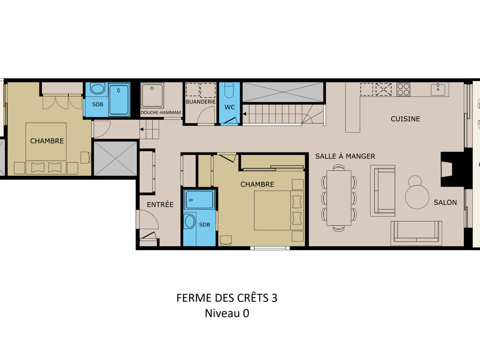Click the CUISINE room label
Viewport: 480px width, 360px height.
[405, 119]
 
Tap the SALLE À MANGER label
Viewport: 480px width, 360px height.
[345, 156]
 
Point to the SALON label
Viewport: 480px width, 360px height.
[445, 202]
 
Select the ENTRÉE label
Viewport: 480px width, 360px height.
[160, 204]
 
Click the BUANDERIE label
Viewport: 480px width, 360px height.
[200, 102]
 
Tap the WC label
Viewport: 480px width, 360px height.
[229, 107]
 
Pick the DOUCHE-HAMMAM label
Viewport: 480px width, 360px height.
[160, 112]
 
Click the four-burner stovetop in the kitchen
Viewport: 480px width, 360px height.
[404, 89]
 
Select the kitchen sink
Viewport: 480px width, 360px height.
[438, 90]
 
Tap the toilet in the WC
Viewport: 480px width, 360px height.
[229, 90]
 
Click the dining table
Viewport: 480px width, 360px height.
[339, 198]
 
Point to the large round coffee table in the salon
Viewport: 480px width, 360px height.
[417, 197]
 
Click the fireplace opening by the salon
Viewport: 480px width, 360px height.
[446, 169]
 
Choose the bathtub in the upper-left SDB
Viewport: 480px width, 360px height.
[119, 100]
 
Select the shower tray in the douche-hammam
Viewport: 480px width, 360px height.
[152, 95]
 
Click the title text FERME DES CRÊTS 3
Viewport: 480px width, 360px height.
[227, 298]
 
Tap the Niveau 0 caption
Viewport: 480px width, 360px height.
[227, 313]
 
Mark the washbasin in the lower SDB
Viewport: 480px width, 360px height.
[190, 221]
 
